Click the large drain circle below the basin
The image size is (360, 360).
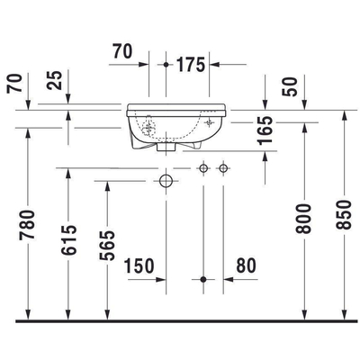pyautogui.click(x=166, y=180)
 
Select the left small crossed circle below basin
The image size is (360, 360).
pyautogui.click(x=204, y=168)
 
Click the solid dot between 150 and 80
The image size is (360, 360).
pyautogui.click(x=204, y=279)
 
